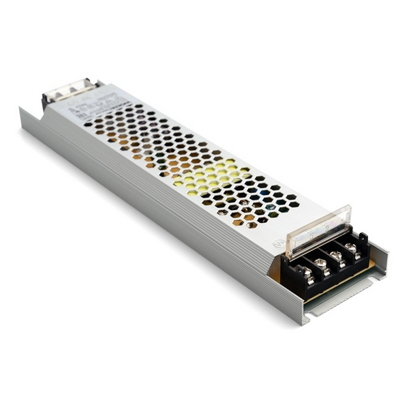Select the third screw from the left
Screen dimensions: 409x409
(335, 255)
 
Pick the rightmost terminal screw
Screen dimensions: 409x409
(350, 247)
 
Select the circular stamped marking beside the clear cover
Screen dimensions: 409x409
(278, 242)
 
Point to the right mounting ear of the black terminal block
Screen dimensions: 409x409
(364, 239)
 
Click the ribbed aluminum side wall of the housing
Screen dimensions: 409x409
(170, 225)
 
